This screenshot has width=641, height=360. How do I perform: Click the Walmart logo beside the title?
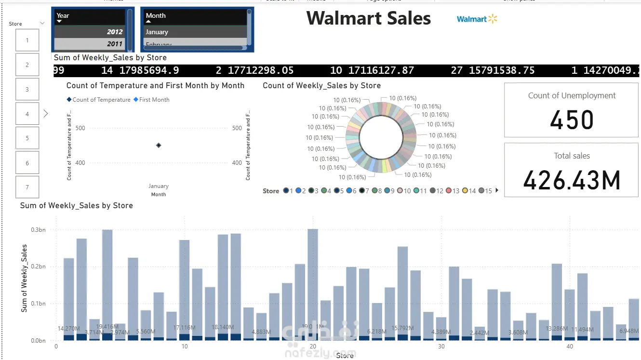[x=477, y=19]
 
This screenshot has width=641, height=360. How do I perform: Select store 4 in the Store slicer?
[x=27, y=114]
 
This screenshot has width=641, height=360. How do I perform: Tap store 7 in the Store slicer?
[x=27, y=187]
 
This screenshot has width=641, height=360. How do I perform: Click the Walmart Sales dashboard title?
[x=369, y=18]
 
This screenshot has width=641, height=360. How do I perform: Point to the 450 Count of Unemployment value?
[x=572, y=120]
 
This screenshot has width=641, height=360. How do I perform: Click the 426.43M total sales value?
[x=572, y=180]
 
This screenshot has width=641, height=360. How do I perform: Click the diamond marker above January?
[x=159, y=145]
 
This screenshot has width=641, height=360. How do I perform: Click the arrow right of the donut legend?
[x=497, y=190]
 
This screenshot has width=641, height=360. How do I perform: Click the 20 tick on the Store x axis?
[x=313, y=347]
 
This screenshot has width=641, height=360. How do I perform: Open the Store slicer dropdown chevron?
[x=42, y=23]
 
